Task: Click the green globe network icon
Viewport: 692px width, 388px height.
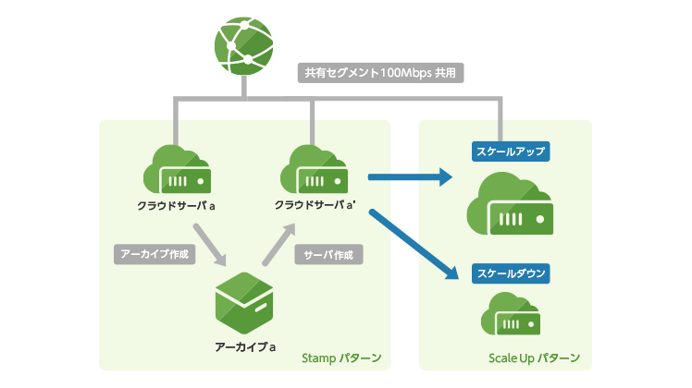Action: coord(244,45)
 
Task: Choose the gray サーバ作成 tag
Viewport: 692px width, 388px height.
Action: coord(328,252)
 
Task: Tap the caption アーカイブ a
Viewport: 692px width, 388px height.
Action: coord(245,346)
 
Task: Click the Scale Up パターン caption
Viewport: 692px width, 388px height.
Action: coord(533,358)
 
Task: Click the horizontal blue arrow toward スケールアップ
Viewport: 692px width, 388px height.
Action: coord(408,176)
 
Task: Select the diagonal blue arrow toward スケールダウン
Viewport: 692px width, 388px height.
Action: coord(414,244)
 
